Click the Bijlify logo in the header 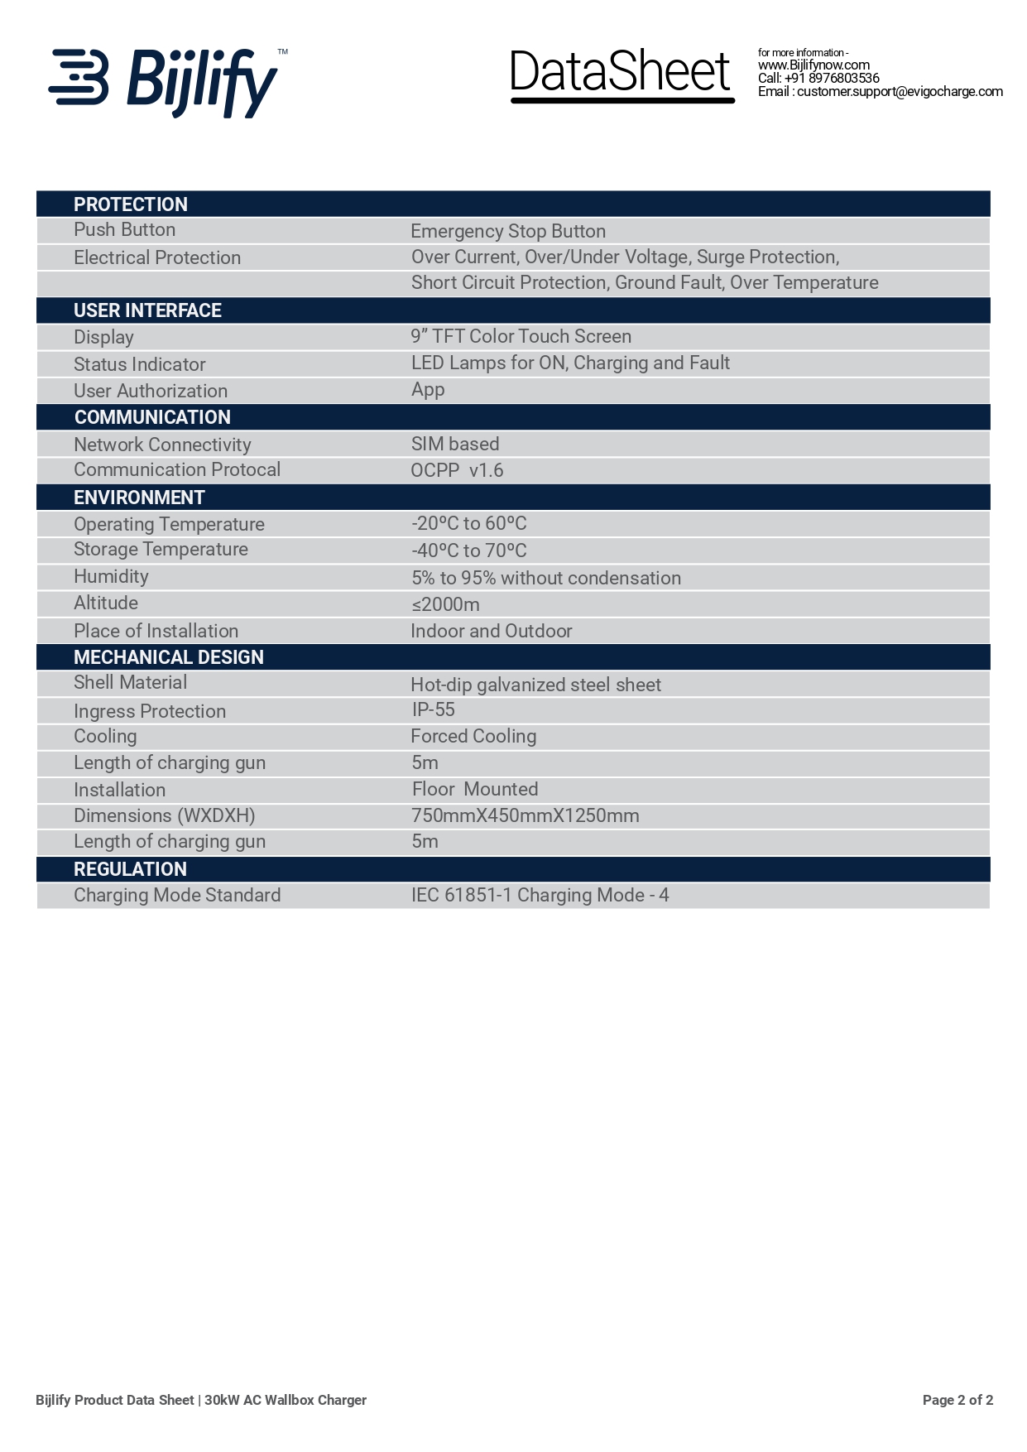[166, 81]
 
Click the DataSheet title [621, 73]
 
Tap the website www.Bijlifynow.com [813, 65]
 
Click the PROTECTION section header [131, 204]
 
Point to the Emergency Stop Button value [508, 231]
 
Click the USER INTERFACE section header [147, 310]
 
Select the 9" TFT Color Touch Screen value [521, 336]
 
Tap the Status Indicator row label [139, 364]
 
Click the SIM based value [455, 444]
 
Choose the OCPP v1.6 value [457, 470]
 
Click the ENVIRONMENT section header [139, 498]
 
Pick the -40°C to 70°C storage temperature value [468, 551]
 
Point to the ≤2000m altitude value [445, 604]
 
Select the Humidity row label [111, 576]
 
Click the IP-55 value [433, 709]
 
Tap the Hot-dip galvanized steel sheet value [535, 685]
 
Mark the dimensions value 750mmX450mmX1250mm [525, 815]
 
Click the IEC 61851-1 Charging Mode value [540, 895]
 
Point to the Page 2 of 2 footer [957, 1400]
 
